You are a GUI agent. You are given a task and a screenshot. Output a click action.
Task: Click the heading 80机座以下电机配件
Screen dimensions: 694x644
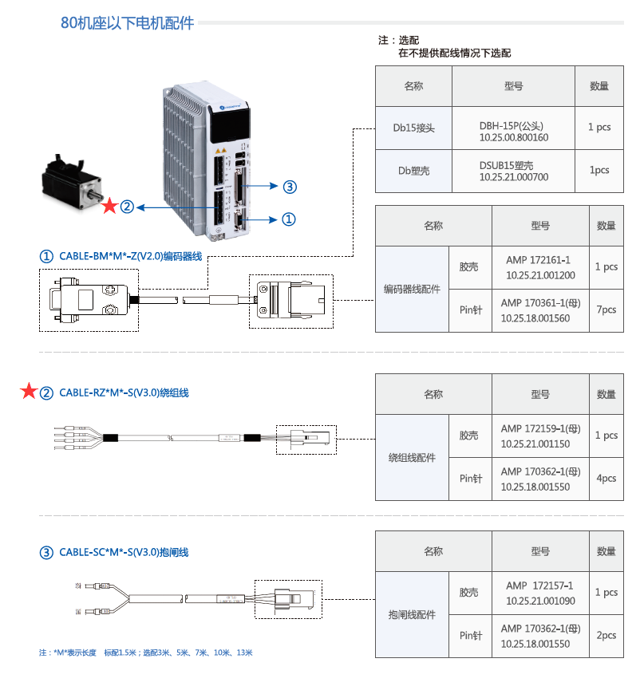coord(128,23)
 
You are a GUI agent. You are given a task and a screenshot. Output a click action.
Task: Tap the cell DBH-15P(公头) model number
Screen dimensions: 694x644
coord(514,131)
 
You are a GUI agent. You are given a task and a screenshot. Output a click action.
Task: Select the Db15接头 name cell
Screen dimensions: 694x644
coord(413,128)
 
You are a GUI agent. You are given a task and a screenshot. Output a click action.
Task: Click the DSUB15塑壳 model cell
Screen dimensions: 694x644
coord(514,171)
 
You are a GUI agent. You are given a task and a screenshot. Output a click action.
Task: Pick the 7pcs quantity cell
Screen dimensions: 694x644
coord(606,310)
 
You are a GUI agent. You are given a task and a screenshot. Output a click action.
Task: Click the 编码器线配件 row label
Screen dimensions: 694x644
coord(412,290)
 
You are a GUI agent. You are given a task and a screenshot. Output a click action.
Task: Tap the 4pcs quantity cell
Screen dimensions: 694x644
coord(606,479)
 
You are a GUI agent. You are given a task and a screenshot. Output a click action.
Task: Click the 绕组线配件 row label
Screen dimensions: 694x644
coord(412,458)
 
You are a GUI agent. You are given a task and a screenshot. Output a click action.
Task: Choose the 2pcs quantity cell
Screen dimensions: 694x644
coord(606,636)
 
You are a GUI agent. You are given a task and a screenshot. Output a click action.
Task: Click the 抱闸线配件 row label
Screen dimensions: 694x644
coord(412,615)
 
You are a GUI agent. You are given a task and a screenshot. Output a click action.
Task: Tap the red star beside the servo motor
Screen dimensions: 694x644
coord(109,207)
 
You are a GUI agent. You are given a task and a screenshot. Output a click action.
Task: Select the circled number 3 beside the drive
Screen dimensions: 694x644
coord(290,187)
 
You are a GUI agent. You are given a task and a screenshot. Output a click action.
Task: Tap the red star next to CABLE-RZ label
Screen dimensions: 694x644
coord(29,392)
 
